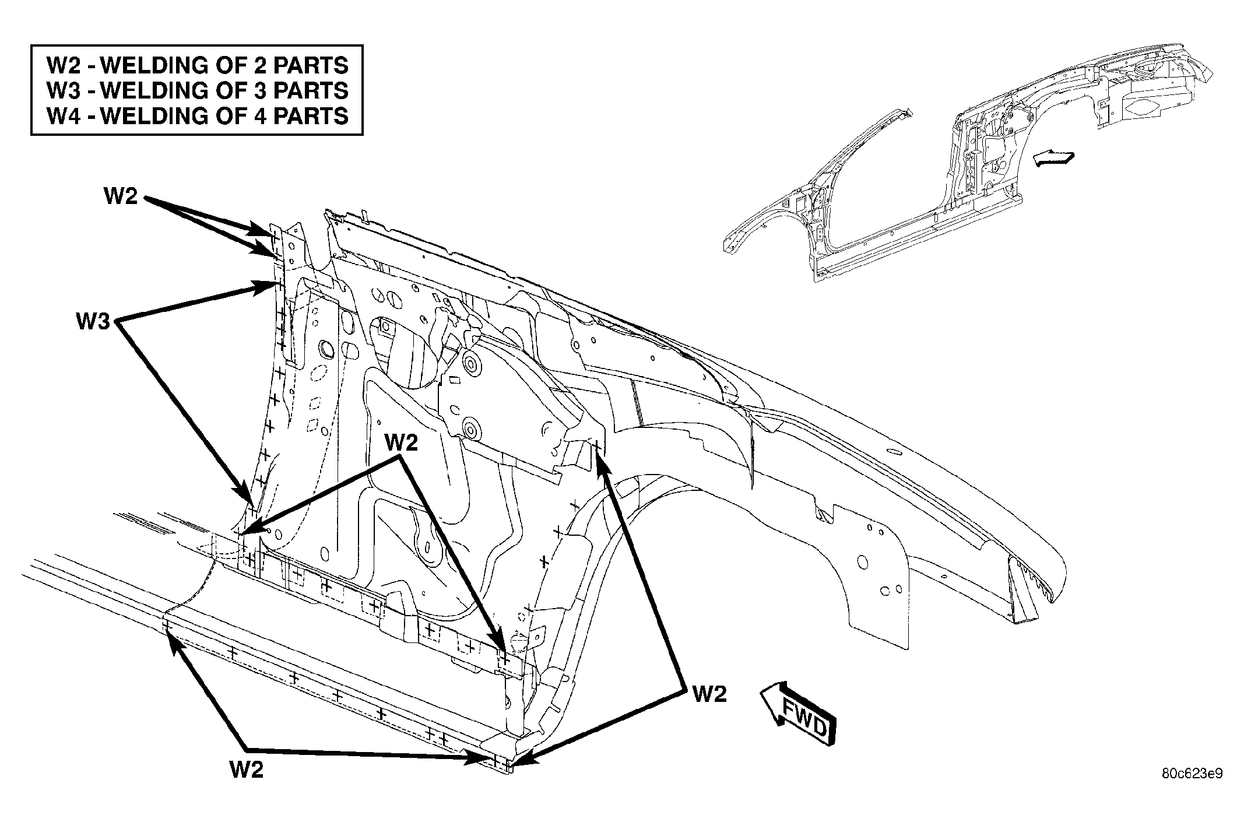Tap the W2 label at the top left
coord(121,196)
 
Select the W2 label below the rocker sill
coord(247,770)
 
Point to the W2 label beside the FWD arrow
coord(710,694)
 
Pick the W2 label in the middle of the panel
coord(401,443)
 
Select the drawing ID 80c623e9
coord(1192,774)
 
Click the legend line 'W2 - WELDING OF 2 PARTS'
coord(198,65)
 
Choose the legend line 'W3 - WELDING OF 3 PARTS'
coord(198,90)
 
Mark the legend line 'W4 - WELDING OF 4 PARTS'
coord(198,115)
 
